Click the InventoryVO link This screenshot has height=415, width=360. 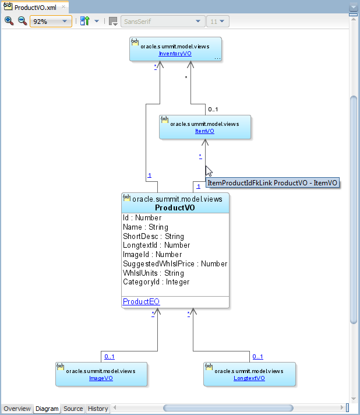click(175, 54)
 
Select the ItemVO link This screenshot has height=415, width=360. click(204, 131)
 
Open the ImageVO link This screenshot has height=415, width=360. click(101, 378)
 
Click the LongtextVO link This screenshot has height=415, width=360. click(249, 378)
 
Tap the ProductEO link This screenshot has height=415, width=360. click(141, 301)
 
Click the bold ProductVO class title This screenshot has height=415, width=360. click(175, 207)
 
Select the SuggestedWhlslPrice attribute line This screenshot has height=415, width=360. click(175, 263)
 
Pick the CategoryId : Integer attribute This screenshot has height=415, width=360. click(156, 282)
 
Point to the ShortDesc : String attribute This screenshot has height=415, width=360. click(153, 236)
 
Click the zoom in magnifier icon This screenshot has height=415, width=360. click(9, 21)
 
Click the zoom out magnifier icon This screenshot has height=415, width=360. click(22, 21)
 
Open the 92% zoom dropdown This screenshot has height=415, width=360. click(51, 21)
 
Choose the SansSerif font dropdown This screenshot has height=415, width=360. click(163, 21)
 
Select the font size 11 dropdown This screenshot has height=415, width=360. click(218, 21)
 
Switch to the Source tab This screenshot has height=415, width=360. click(73, 409)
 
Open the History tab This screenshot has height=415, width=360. click(98, 409)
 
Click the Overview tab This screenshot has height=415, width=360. click(17, 409)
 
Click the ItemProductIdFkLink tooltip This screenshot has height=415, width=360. click(273, 183)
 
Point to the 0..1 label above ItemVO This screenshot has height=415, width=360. click(213, 110)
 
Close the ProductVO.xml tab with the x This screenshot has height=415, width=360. click(63, 7)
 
